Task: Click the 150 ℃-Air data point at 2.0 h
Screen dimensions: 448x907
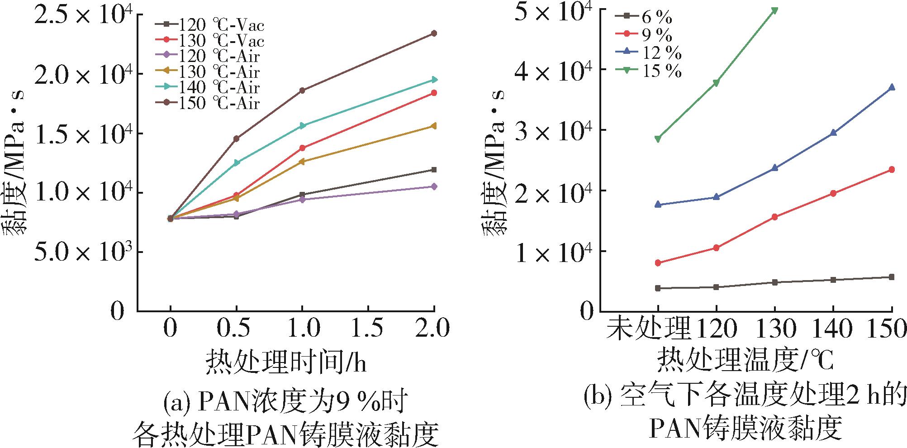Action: (x=434, y=33)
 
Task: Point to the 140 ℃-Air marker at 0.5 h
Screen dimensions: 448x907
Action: (x=236, y=162)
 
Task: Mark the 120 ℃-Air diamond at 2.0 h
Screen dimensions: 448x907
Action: (x=434, y=186)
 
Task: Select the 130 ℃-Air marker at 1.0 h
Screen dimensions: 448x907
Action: (x=302, y=161)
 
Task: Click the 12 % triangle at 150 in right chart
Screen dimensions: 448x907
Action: (x=892, y=87)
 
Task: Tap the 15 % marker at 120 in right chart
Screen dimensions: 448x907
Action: (x=716, y=83)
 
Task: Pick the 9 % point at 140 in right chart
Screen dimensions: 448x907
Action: (x=833, y=193)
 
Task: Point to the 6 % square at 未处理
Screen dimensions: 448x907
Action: (x=658, y=288)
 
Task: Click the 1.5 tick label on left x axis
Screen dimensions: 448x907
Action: (x=368, y=329)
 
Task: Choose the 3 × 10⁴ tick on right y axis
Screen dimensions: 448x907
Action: (x=552, y=130)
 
